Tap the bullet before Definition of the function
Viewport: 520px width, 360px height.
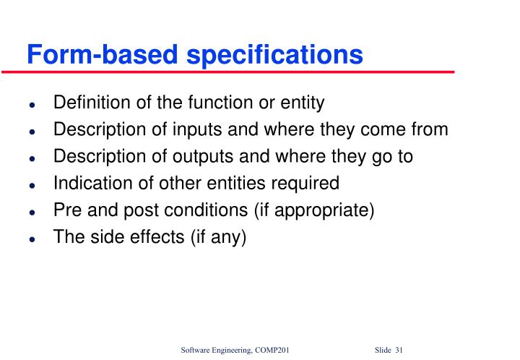pos(32,105)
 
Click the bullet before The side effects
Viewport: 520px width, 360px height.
pos(32,239)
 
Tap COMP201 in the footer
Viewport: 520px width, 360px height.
pos(271,351)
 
